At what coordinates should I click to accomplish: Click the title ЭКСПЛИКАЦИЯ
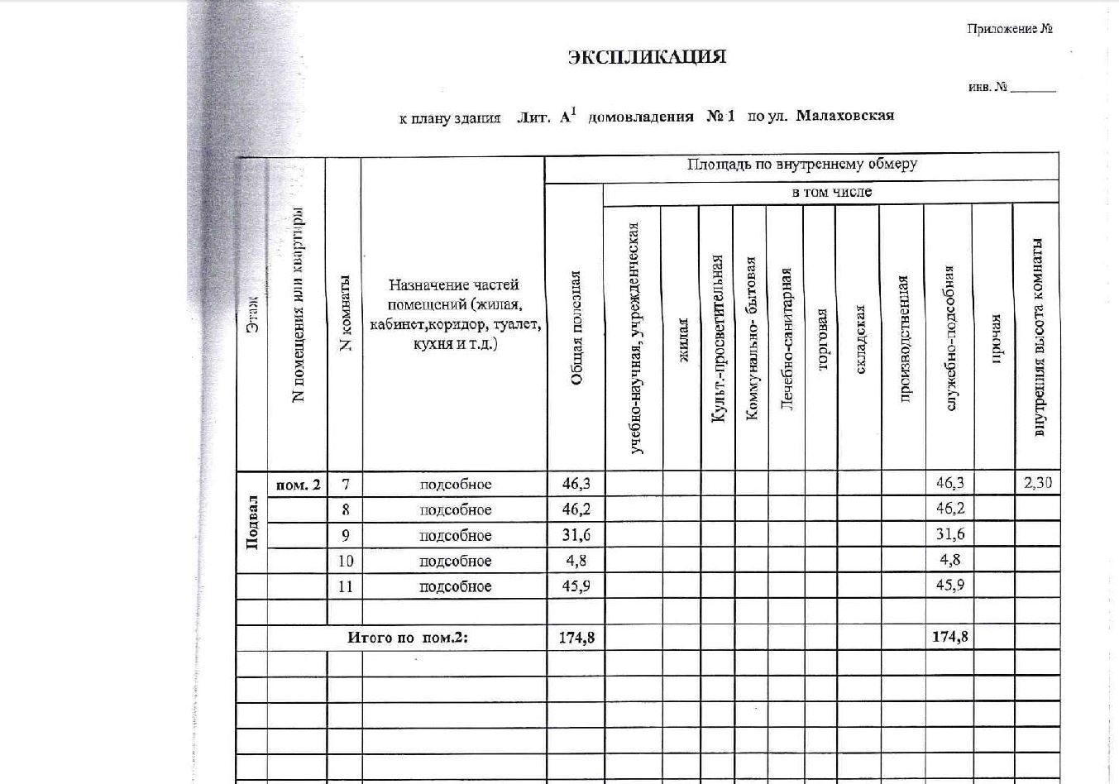click(647, 57)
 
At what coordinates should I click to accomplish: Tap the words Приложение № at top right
click(1009, 29)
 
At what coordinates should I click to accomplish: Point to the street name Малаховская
click(844, 116)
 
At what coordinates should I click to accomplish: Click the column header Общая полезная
click(576, 327)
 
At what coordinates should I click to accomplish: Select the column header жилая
click(683, 340)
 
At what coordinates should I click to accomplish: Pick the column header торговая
click(822, 339)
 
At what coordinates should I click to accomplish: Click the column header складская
click(859, 339)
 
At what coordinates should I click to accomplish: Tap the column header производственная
click(903, 338)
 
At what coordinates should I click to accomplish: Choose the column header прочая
click(996, 338)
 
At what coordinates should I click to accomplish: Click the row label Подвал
click(252, 523)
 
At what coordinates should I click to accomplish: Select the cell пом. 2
click(298, 485)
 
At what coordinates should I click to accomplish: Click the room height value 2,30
click(1037, 483)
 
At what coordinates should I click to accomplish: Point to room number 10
click(346, 561)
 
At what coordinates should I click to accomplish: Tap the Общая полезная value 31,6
click(576, 535)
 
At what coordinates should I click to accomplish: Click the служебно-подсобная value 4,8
click(949, 560)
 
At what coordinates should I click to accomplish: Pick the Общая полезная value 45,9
click(576, 586)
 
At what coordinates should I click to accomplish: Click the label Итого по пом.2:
click(407, 638)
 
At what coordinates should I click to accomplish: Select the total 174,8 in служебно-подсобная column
click(949, 637)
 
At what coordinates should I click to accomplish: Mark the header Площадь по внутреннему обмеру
click(801, 165)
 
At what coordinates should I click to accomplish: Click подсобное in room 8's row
click(455, 510)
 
